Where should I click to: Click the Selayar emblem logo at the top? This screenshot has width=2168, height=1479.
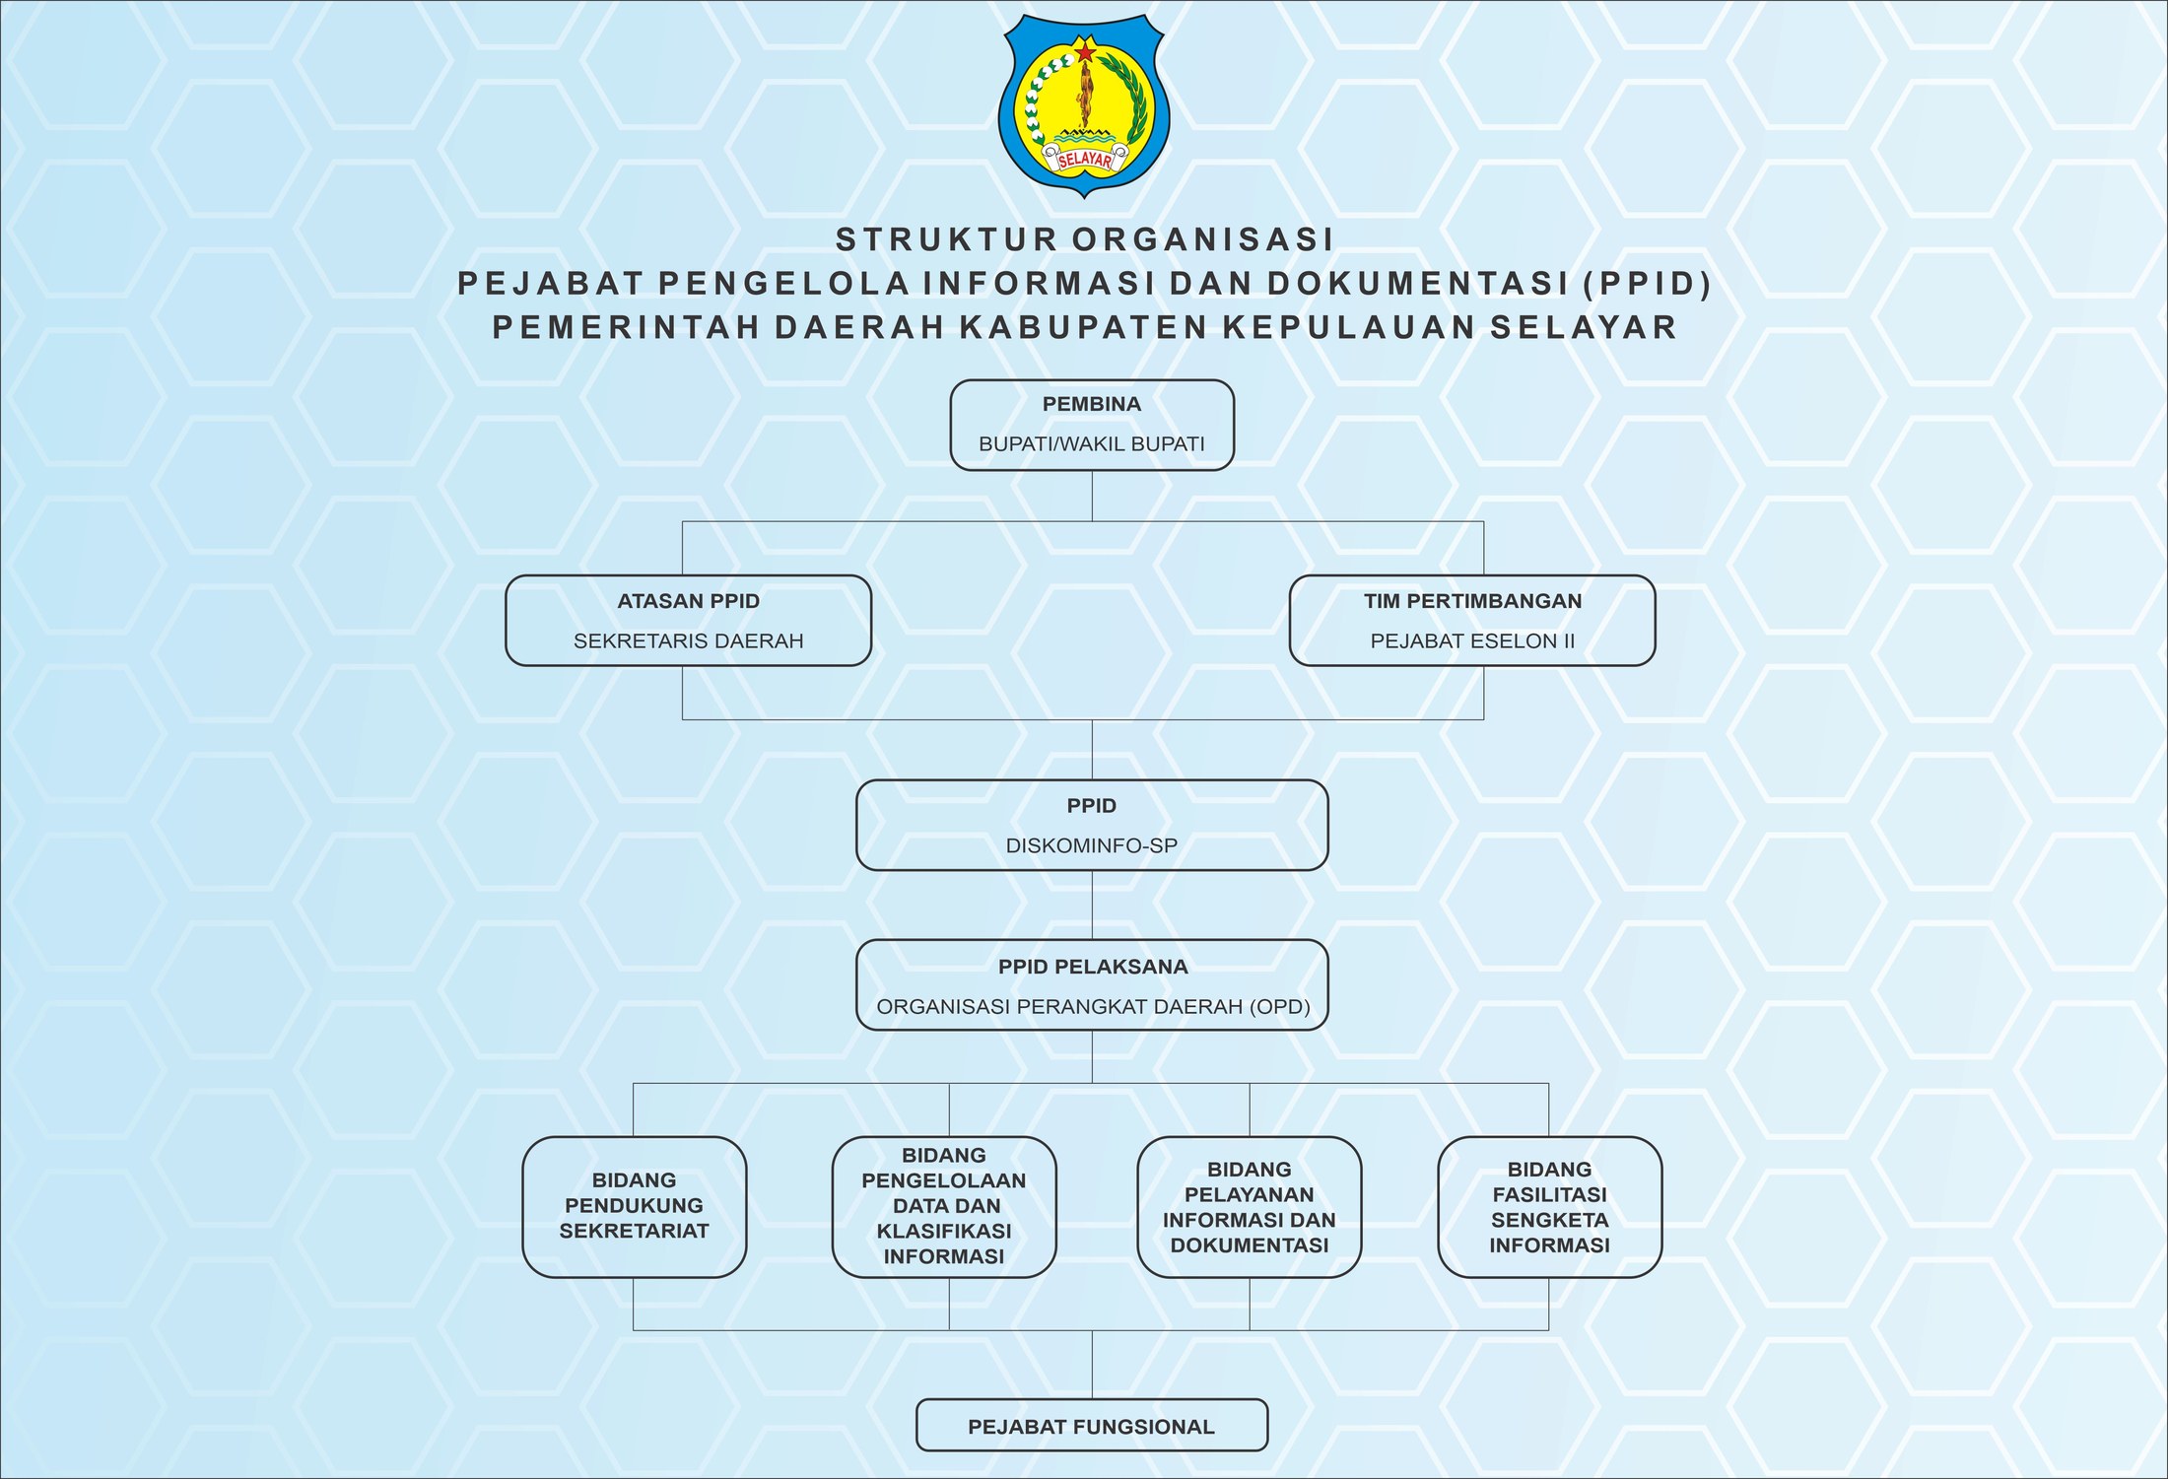click(1083, 105)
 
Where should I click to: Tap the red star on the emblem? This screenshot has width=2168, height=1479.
click(1085, 49)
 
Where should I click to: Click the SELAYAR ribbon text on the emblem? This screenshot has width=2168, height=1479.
click(1084, 160)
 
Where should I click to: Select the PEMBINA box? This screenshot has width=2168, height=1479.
click(1092, 425)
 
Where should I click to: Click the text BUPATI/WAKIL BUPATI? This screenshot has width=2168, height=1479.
click(1092, 444)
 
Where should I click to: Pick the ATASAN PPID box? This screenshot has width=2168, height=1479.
click(688, 621)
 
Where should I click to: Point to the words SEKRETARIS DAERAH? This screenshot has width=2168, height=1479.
click(689, 641)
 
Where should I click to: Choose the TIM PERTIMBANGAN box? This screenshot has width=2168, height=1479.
click(1472, 621)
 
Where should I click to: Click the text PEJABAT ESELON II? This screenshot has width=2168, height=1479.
click(1472, 641)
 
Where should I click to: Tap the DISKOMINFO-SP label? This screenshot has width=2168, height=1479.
click(1092, 845)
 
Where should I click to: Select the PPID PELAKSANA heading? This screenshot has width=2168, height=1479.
click(1093, 967)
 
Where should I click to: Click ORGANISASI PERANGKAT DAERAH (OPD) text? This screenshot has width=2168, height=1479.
click(1093, 1007)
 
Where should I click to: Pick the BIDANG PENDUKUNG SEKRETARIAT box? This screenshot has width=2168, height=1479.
click(634, 1207)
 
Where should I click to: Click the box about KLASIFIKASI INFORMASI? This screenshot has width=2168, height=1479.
click(944, 1207)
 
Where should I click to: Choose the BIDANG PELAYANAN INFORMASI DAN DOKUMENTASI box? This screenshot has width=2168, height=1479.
click(1250, 1207)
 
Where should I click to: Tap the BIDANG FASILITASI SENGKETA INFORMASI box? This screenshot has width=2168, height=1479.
click(1549, 1207)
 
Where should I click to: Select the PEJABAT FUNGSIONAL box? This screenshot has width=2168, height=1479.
click(1092, 1425)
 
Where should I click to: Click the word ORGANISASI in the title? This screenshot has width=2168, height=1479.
click(1203, 239)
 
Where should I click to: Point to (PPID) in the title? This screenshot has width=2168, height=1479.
click(1647, 284)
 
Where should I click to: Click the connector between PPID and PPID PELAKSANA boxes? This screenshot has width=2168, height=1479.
click(1092, 906)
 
